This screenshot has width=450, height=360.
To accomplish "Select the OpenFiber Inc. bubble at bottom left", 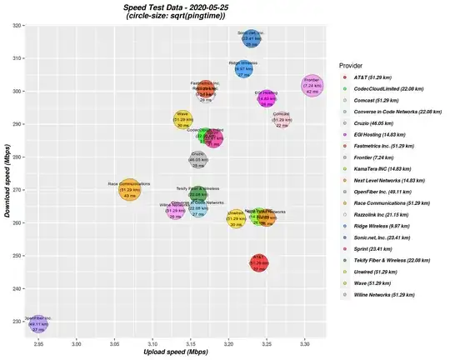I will tap(38, 323).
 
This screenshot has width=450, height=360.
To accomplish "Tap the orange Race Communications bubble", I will tap(130, 191).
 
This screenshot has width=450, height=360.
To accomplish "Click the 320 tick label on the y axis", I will tap(17, 26).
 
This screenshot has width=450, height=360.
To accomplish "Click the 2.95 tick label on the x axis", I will tap(38, 342).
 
